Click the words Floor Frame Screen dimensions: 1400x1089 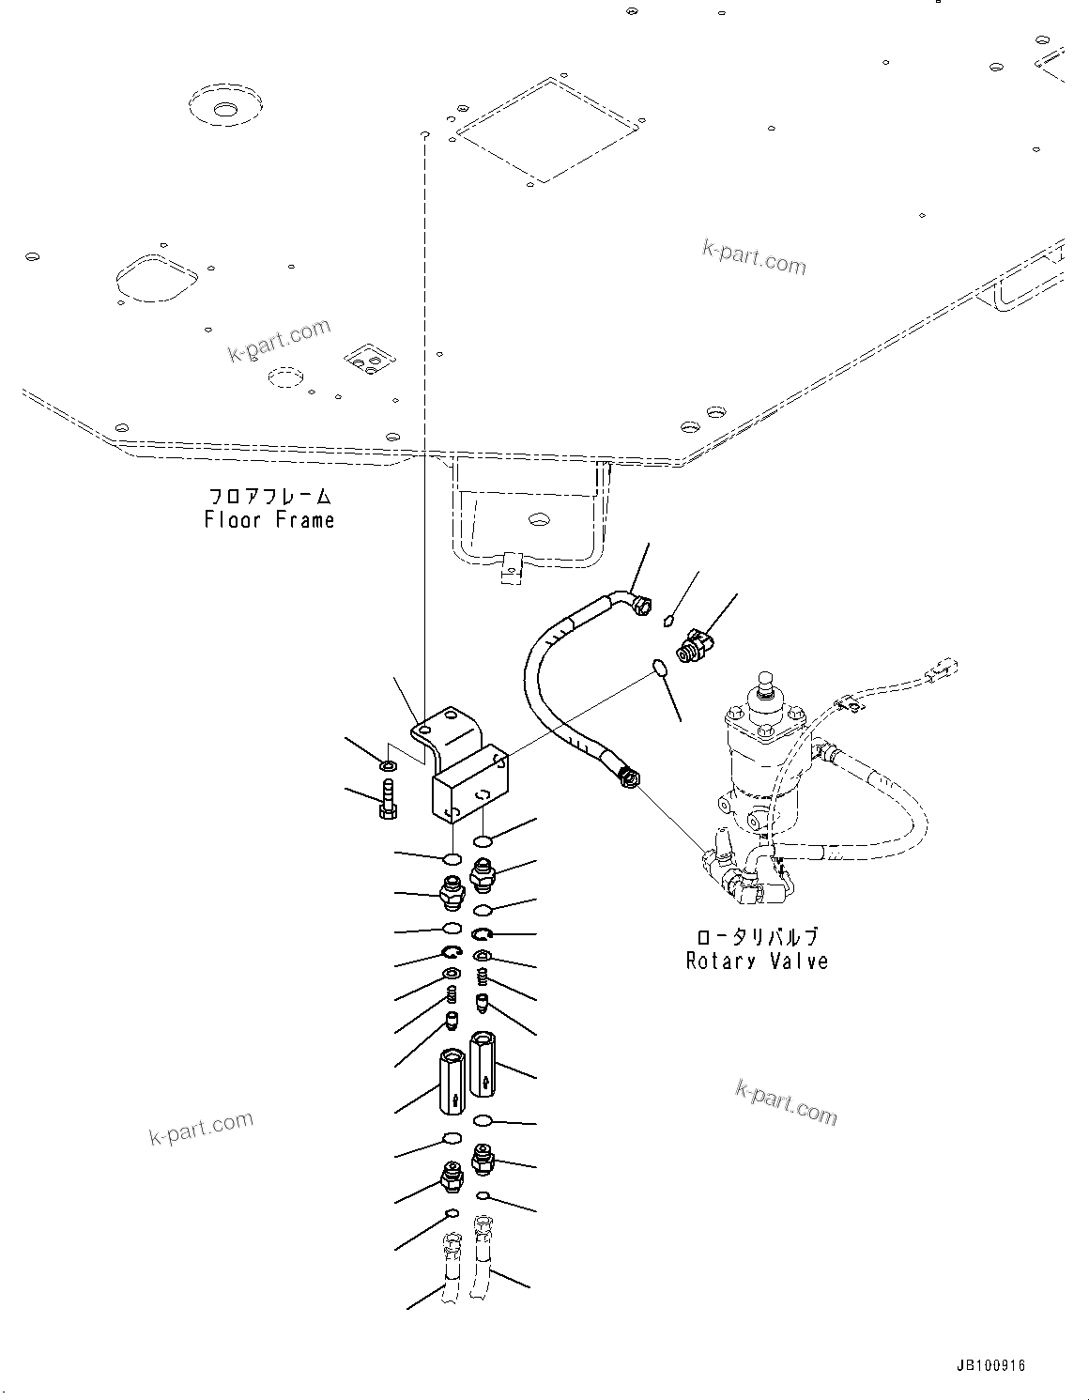[x=269, y=519]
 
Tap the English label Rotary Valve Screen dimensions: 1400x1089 [x=757, y=961]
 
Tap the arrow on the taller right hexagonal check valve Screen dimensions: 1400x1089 [x=484, y=1082]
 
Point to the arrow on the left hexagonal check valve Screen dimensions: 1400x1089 [x=452, y=1099]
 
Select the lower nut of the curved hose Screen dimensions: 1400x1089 [x=628, y=778]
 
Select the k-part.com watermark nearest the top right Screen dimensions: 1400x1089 [x=754, y=257]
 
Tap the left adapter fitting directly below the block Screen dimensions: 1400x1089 [x=451, y=893]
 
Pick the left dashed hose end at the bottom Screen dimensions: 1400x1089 [x=451, y=1269]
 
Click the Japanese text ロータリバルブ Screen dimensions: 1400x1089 [x=757, y=937]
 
